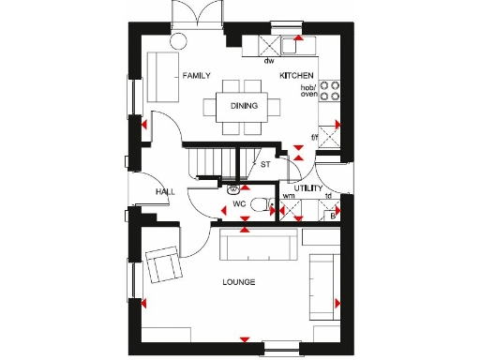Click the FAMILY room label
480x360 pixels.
point(197,76)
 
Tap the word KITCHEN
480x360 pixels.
point(296,74)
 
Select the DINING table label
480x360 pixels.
point(244,105)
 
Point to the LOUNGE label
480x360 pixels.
point(238,281)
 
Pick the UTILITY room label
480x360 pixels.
point(308,188)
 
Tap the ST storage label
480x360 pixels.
point(265,165)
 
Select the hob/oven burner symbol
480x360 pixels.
point(330,90)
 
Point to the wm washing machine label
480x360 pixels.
point(289,196)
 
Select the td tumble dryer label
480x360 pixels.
point(328,196)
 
